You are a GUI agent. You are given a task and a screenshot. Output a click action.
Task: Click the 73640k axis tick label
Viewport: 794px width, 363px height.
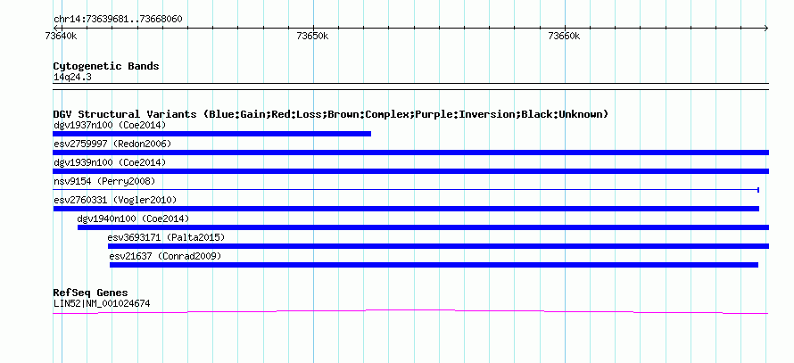61,36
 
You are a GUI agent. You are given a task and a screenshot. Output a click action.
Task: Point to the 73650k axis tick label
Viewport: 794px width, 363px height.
312,36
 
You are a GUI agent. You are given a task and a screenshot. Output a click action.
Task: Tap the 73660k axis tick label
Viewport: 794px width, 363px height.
564,36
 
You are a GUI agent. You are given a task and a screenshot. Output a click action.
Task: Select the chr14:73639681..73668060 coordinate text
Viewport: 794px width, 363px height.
118,20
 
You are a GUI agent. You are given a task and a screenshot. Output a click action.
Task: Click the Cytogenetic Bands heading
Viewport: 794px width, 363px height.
106,66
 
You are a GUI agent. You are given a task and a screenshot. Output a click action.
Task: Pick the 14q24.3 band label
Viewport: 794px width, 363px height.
72,78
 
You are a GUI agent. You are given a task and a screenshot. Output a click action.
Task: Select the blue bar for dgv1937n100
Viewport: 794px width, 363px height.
211,134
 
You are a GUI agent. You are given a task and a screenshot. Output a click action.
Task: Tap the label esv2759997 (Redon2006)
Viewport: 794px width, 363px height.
112,144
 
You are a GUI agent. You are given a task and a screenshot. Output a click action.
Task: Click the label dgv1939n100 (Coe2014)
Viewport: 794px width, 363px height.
110,162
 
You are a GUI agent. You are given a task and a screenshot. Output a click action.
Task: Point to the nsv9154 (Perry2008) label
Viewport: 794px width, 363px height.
104,181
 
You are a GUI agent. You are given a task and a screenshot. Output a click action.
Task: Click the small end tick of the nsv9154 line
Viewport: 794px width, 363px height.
758,190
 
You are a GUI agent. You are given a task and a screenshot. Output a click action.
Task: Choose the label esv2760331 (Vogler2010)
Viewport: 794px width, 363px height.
115,200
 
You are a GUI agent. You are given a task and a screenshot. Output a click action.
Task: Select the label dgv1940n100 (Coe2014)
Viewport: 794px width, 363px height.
133,219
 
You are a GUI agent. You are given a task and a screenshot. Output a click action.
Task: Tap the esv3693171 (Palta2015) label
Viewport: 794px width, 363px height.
166,237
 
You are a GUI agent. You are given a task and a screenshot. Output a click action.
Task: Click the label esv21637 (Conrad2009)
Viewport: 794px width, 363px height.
166,256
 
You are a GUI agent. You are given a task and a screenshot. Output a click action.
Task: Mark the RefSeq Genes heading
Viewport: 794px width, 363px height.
91,293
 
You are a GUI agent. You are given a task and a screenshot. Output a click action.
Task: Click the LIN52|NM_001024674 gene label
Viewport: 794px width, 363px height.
102,304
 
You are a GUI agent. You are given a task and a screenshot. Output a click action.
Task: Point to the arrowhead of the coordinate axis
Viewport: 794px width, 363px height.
766,29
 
